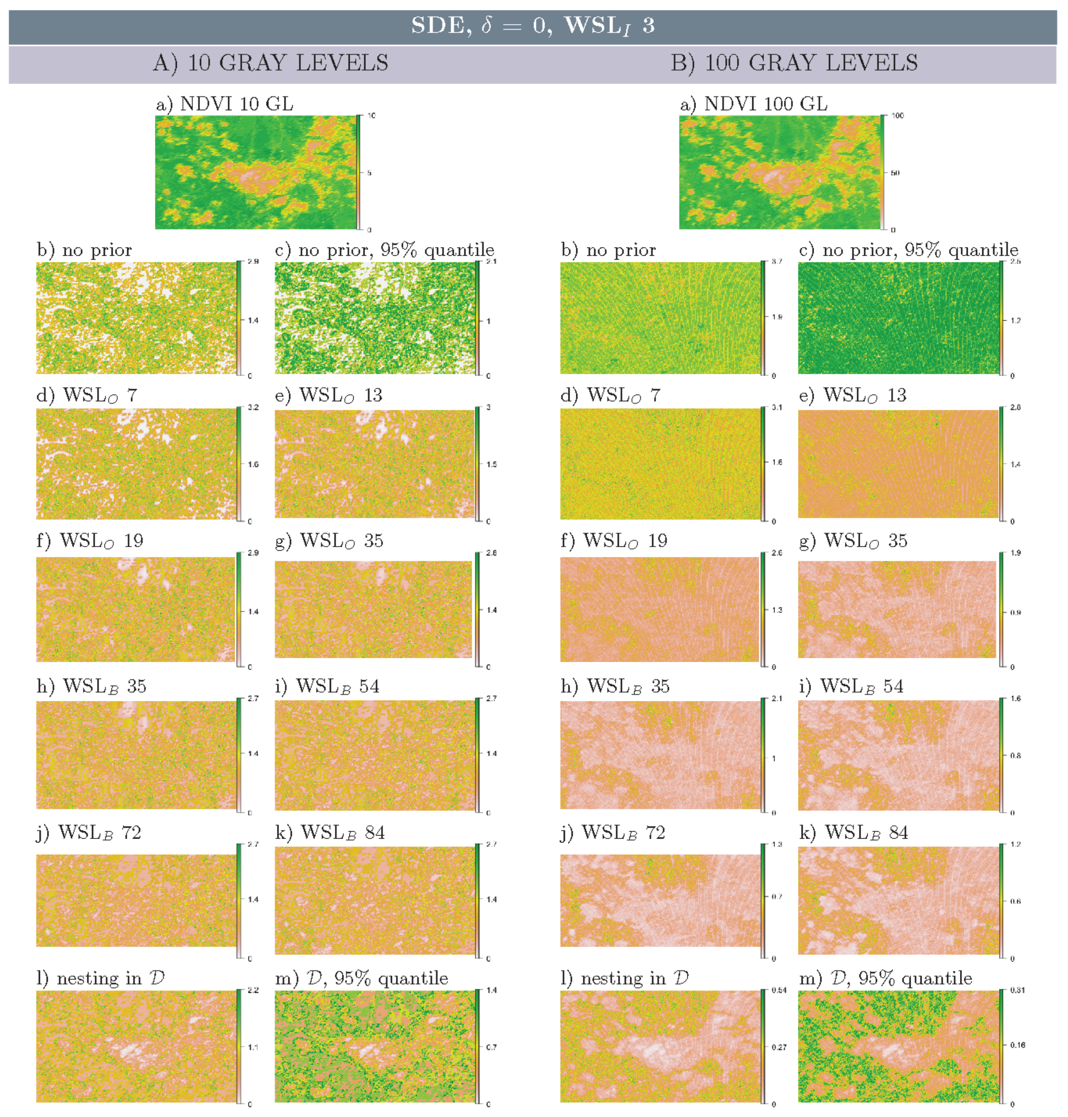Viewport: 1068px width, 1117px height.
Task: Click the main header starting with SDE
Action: [533, 26]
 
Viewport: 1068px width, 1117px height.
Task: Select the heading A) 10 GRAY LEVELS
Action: [270, 63]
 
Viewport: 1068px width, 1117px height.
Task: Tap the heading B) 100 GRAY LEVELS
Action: [794, 63]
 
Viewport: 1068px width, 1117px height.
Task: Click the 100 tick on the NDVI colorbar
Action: [897, 115]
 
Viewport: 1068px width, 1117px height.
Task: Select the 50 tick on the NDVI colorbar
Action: [895, 173]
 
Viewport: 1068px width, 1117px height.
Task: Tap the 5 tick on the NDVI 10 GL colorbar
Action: [369, 173]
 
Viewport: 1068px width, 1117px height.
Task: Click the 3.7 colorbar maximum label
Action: [777, 261]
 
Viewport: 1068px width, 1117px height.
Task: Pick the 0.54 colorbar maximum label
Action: [779, 991]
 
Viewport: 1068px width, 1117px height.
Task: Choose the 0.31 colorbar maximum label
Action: [1017, 991]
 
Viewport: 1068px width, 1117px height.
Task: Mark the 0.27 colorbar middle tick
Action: [779, 1048]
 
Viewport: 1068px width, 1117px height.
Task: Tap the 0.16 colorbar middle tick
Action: [1017, 1045]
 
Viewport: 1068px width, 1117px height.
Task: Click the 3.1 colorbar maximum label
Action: [777, 408]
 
